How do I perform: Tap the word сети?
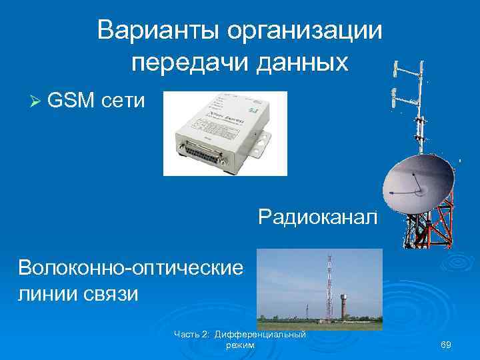[x=123, y=101]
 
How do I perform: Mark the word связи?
[x=114, y=294]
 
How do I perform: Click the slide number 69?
[x=447, y=345]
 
